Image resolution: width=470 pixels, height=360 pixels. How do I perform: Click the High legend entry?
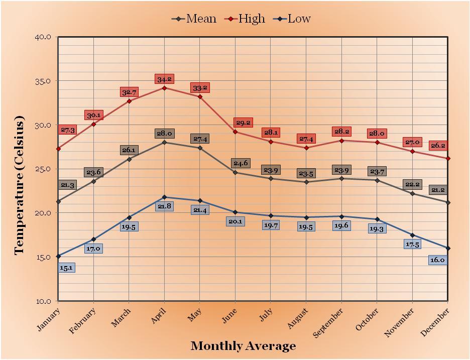coord(251,19)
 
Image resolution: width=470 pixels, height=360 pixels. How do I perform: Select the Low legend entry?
coord(299,19)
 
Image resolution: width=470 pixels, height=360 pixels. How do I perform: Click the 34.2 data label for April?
coord(164,79)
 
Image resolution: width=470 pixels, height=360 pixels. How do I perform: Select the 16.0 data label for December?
coord(437,260)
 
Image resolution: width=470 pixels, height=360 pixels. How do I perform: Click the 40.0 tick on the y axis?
coord(44,37)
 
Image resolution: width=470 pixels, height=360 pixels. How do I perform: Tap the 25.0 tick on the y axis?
coord(44,169)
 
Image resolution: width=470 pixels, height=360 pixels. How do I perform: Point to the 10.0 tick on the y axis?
coord(44,301)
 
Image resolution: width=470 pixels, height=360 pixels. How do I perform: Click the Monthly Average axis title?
coord(243,346)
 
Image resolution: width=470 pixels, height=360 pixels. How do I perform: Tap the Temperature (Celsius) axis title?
coord(20,185)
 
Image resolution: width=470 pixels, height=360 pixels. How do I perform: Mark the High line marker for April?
coord(165,88)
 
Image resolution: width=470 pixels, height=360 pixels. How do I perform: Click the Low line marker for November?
coord(412,235)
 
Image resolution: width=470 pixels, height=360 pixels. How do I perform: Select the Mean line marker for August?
coord(306,182)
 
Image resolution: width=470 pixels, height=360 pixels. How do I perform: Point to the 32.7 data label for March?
coord(129,92)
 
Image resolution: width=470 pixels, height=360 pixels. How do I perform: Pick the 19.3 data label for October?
coord(377,228)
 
